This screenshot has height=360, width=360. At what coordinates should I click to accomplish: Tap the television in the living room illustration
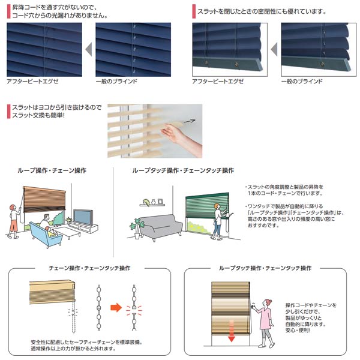coord(82,217)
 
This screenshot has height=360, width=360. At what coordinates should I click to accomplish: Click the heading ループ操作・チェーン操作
coord(52,170)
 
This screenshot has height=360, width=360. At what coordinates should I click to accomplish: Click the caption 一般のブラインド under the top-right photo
coord(302,81)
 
